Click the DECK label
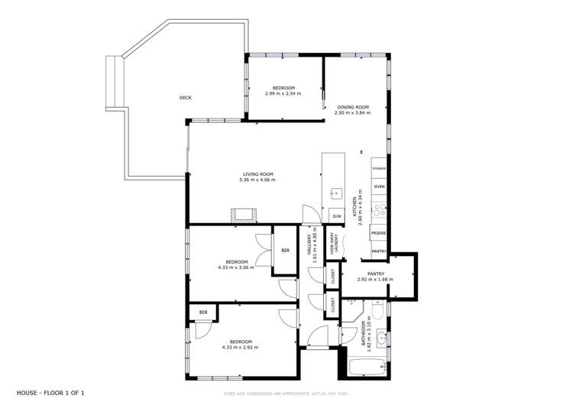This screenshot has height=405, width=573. (x=185, y=98)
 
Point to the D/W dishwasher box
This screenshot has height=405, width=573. (x=336, y=216)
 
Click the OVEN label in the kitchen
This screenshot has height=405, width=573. (x=379, y=186)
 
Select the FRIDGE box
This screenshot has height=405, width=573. (x=378, y=233)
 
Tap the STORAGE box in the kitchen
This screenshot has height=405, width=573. (x=379, y=168)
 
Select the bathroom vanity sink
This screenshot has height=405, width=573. (x=384, y=337)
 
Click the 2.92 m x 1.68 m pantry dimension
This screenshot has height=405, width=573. (x=375, y=279)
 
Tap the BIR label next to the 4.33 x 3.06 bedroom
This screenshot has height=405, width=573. (x=285, y=251)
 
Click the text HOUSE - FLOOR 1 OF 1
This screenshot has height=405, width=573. (x=50, y=393)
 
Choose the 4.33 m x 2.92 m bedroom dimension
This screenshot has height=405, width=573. (x=240, y=347)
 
